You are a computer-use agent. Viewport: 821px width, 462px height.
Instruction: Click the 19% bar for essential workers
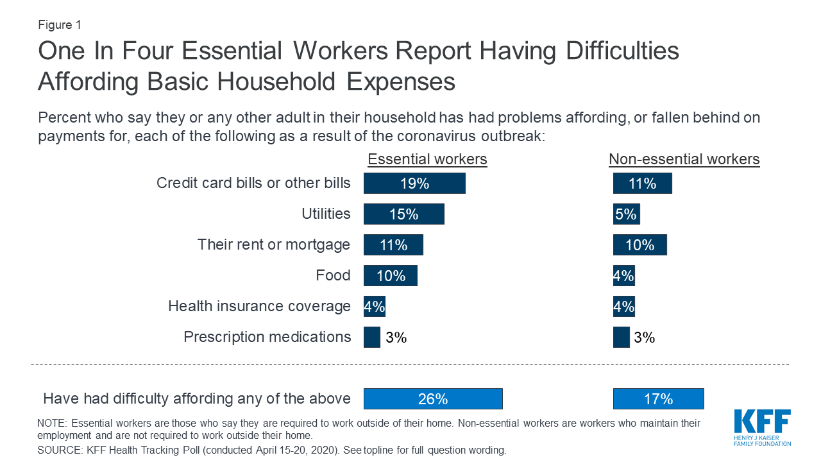(x=414, y=184)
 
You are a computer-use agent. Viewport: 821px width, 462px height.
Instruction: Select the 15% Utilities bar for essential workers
(x=403, y=214)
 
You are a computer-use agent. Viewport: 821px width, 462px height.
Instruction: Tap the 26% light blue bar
(x=433, y=399)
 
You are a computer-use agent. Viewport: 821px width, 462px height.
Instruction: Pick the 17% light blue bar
(x=658, y=399)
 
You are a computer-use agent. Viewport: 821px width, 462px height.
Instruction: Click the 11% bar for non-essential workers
(x=642, y=184)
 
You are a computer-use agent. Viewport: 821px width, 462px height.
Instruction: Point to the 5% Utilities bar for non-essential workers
(x=626, y=214)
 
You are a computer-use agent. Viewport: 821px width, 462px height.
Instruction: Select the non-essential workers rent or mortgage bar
(x=639, y=245)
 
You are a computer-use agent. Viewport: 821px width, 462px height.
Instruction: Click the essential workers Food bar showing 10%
(x=390, y=276)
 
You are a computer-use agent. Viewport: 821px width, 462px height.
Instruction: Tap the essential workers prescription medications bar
(x=372, y=338)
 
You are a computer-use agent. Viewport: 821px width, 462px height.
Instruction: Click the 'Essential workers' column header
(x=427, y=159)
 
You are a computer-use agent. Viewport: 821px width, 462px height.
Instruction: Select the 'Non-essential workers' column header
(x=684, y=159)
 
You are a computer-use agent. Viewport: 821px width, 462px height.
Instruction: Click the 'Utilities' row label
(x=326, y=214)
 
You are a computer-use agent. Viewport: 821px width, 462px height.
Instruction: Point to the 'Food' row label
(x=333, y=275)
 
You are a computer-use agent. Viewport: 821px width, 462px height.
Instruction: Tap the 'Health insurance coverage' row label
(x=259, y=306)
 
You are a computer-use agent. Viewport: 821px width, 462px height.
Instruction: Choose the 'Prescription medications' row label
(x=267, y=337)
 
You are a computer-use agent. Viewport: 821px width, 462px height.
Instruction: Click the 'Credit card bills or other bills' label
(x=253, y=183)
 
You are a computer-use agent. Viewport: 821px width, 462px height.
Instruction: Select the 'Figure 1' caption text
(x=60, y=25)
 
